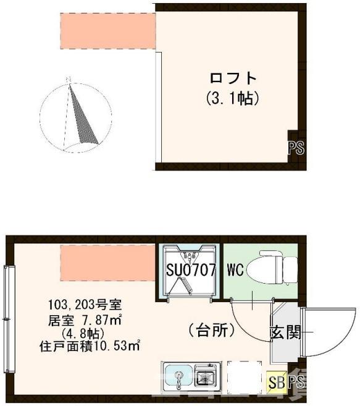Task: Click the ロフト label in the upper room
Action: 233,78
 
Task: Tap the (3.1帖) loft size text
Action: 232,98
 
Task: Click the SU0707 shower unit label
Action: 190,270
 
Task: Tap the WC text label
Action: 235,270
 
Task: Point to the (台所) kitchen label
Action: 212,331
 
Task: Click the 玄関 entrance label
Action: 285,333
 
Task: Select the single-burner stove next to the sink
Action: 204,375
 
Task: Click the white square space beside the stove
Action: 240,375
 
